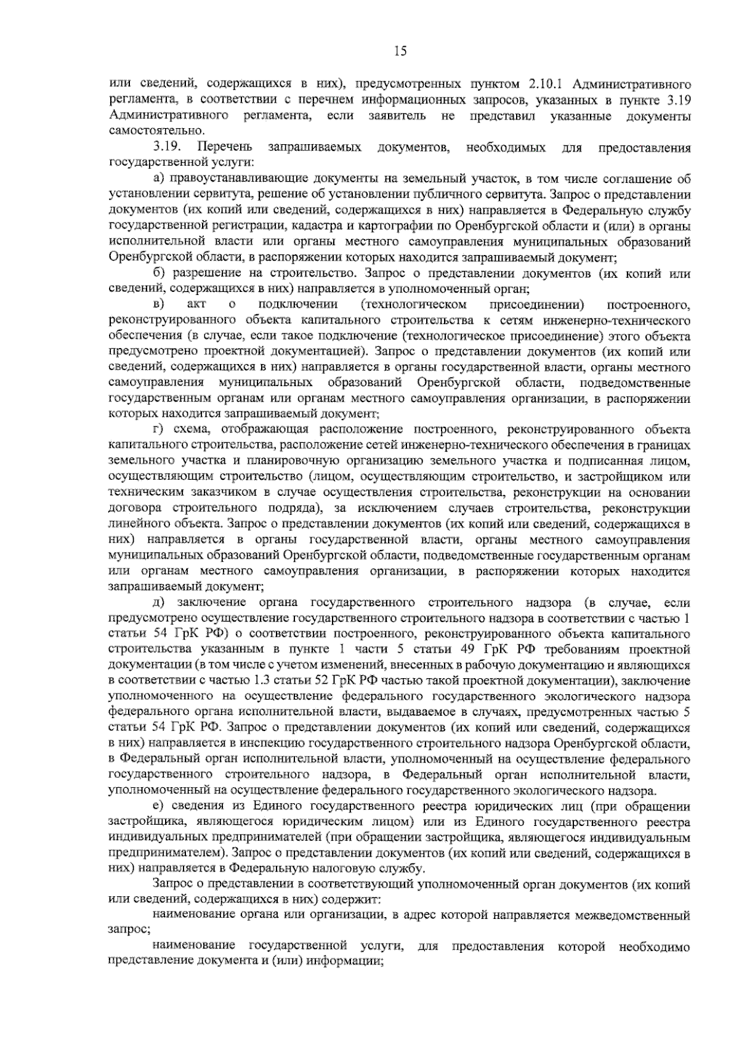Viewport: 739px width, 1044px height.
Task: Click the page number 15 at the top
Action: click(400, 51)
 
